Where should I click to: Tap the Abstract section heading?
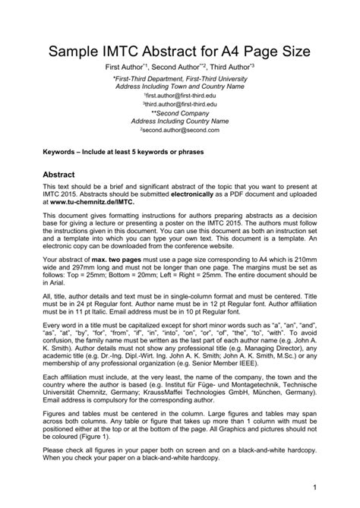(x=62, y=173)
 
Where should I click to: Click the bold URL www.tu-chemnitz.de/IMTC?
(x=86, y=201)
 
